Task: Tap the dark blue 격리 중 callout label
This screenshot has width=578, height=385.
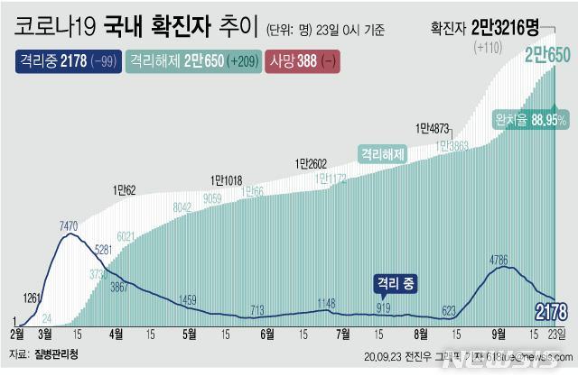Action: (x=396, y=283)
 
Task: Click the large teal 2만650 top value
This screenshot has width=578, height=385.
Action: (x=547, y=56)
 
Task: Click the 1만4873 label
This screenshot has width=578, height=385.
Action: (x=433, y=127)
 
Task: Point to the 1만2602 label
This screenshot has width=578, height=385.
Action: (x=310, y=163)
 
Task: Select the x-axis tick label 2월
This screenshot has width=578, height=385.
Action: (x=17, y=334)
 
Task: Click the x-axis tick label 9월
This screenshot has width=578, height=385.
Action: (x=495, y=334)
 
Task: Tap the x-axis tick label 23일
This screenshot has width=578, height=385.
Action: (x=558, y=334)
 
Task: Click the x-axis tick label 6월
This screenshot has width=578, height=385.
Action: (x=266, y=334)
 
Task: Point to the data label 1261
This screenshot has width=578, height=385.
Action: (x=33, y=298)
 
